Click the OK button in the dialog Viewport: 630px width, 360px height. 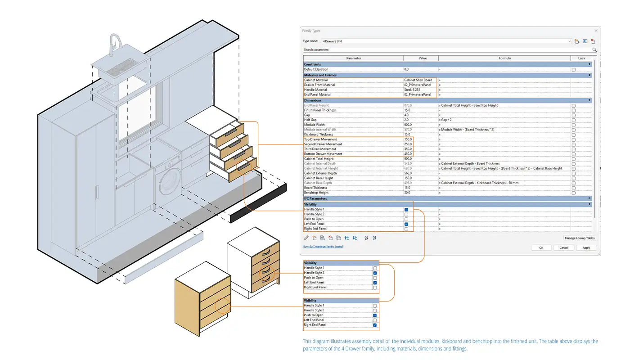click(x=541, y=247)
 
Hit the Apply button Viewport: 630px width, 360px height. click(x=586, y=247)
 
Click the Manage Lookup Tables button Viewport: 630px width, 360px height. click(x=580, y=238)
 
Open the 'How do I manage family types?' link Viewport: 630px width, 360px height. click(x=323, y=247)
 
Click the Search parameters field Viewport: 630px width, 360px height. click(x=445, y=49)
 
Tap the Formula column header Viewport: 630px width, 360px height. click(x=504, y=58)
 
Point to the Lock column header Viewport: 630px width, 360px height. click(x=581, y=58)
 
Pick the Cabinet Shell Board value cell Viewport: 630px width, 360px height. click(x=420, y=80)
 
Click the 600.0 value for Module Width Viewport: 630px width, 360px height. click(x=420, y=125)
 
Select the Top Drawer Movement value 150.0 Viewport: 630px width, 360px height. click(x=420, y=139)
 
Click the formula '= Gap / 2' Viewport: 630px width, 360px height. click(x=450, y=120)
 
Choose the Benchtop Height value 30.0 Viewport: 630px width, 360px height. click(x=420, y=193)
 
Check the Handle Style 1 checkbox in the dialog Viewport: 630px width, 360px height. click(x=406, y=210)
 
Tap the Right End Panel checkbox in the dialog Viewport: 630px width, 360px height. click(x=406, y=229)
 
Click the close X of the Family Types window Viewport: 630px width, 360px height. click(x=596, y=31)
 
